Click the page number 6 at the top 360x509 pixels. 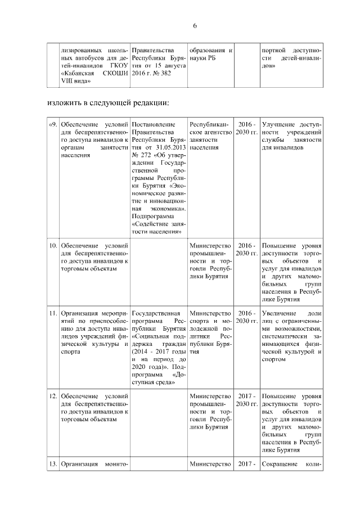195,26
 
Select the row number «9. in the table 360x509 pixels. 52,124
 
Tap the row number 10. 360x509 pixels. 52,246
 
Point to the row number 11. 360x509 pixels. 52,313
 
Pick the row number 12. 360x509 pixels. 52,395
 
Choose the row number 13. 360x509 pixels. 52,464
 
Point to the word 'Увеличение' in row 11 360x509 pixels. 280,313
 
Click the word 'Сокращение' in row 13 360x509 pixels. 282,464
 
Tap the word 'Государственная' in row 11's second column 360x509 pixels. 155,313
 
